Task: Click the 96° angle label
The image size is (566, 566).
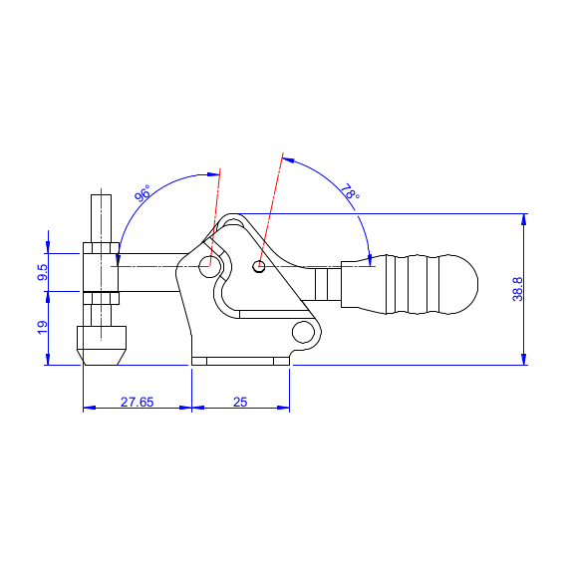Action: coord(142,193)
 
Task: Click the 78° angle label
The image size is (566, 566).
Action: coord(350,191)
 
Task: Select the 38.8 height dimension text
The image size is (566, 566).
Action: coord(517,289)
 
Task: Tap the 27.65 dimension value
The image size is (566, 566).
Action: coord(137,402)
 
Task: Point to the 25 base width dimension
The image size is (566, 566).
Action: coord(240,402)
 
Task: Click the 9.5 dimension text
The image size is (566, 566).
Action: coord(42,272)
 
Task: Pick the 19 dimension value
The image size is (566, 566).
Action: coord(42,328)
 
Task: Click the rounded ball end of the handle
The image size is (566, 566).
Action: coord(458,284)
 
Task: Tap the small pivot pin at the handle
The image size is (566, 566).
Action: coord(258,266)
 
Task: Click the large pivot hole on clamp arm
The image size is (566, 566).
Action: coord(209,267)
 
